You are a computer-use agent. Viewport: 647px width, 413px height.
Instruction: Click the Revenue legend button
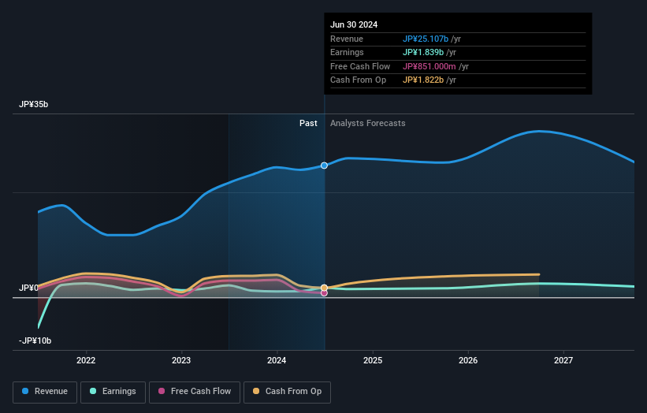pos(45,391)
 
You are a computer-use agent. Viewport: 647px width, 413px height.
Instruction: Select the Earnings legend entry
pos(113,391)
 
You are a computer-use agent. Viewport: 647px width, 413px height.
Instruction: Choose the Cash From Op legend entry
pos(287,391)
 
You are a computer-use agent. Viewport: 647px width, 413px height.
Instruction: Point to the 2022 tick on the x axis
pos(86,360)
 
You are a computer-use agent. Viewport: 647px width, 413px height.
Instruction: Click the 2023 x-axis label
pos(181,360)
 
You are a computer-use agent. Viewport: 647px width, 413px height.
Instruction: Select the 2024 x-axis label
pos(277,360)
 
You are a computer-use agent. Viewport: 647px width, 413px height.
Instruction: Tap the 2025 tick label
pos(373,360)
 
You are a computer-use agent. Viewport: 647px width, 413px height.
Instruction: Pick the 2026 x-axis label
pos(468,360)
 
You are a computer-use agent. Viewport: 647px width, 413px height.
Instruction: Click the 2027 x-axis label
pos(563,360)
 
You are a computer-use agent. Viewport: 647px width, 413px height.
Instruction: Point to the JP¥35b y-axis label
pos(35,105)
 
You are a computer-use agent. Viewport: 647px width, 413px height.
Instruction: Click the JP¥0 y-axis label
pos(29,288)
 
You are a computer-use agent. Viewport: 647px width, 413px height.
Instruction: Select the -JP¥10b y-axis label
pos(34,340)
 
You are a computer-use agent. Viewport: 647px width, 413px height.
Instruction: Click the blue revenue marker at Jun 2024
pos(324,166)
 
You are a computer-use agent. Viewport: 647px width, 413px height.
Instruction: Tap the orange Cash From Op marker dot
pos(324,288)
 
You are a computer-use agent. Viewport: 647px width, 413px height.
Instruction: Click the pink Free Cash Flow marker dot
pos(324,293)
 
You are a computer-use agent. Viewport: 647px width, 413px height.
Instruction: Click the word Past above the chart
pos(308,123)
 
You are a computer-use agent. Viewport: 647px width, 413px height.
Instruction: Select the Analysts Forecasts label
pos(368,123)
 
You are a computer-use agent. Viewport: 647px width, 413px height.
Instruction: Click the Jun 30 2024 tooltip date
pos(354,24)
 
